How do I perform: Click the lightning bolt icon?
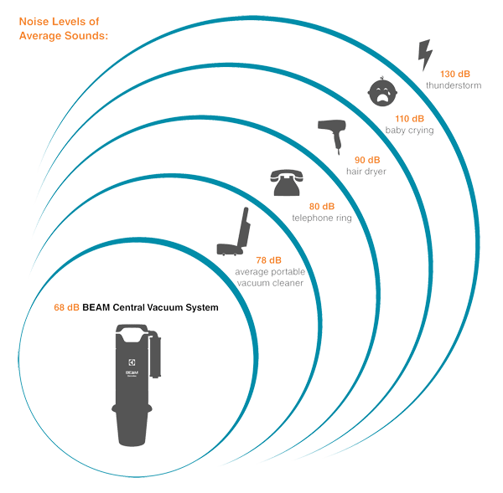click(x=426, y=55)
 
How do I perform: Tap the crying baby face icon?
click(x=381, y=92)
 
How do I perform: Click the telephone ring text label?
click(x=321, y=218)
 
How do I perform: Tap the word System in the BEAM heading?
click(x=200, y=308)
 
